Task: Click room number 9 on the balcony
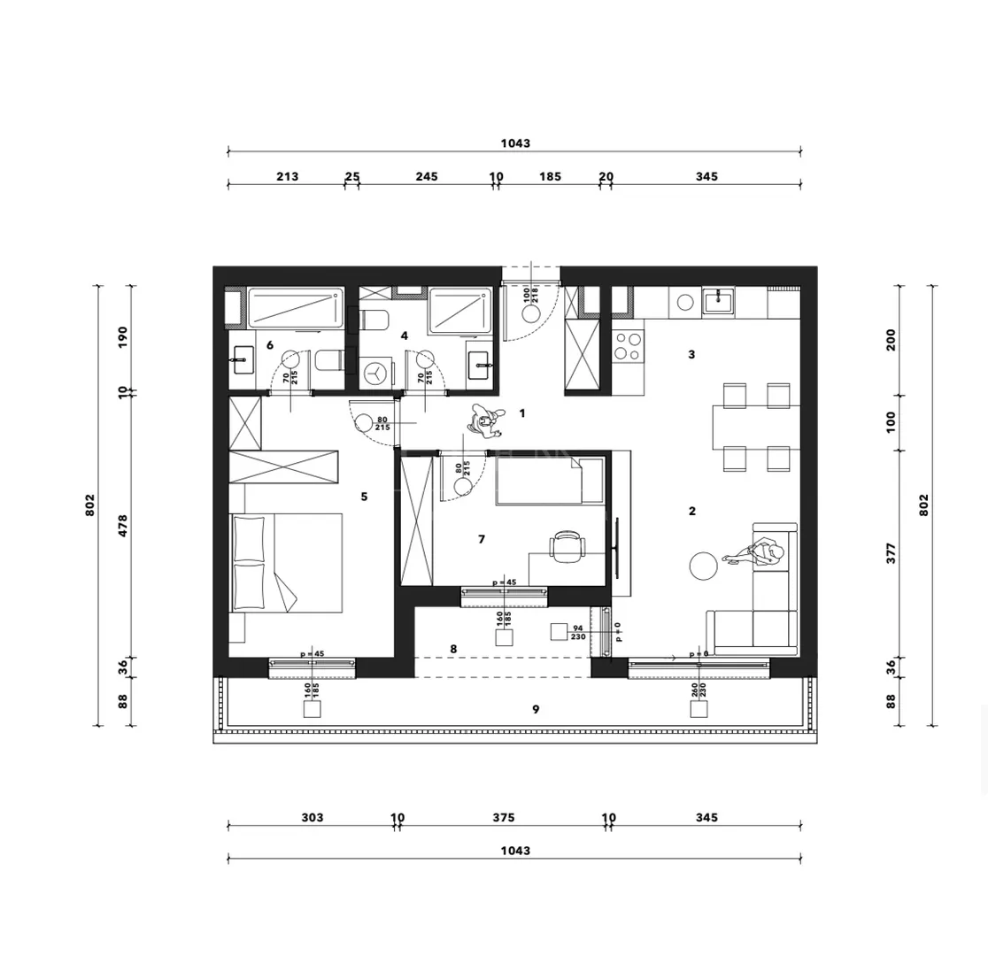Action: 536,709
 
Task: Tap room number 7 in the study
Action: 482,539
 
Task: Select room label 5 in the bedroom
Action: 364,497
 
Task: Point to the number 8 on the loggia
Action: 453,649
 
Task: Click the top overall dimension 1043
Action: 515,143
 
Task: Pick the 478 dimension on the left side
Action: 123,525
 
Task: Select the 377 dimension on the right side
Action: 892,553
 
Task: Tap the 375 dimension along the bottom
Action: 503,818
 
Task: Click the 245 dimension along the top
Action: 426,176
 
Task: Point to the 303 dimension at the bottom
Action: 313,818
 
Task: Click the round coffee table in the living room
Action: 704,566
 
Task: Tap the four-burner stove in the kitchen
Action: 628,346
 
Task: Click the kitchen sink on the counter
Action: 718,301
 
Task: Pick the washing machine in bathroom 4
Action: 375,373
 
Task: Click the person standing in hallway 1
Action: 485,421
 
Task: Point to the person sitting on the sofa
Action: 759,552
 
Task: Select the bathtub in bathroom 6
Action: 296,308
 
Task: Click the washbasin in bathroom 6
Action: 242,358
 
